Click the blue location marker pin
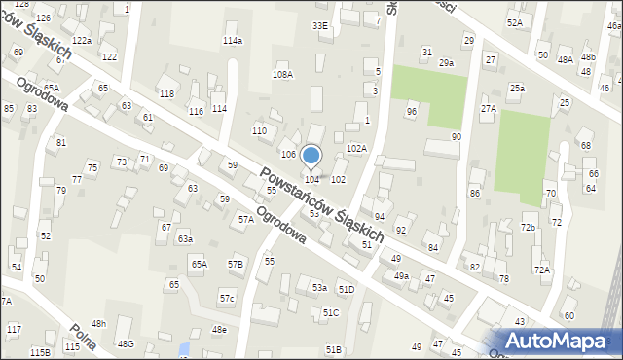[x=311, y=156]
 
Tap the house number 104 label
[x=311, y=179]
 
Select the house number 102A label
[x=356, y=149]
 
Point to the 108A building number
[x=282, y=74]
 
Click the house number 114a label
[x=232, y=41]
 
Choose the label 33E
[x=319, y=25]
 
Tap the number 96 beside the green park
[x=412, y=112]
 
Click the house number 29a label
[x=446, y=63]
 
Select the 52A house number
[x=514, y=22]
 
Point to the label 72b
[x=528, y=227]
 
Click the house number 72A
[x=541, y=269]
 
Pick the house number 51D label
[x=346, y=290]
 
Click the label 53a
[x=318, y=288]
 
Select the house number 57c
[x=226, y=297]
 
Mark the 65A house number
[x=199, y=264]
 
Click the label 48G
[x=126, y=343]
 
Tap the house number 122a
[x=82, y=40]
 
